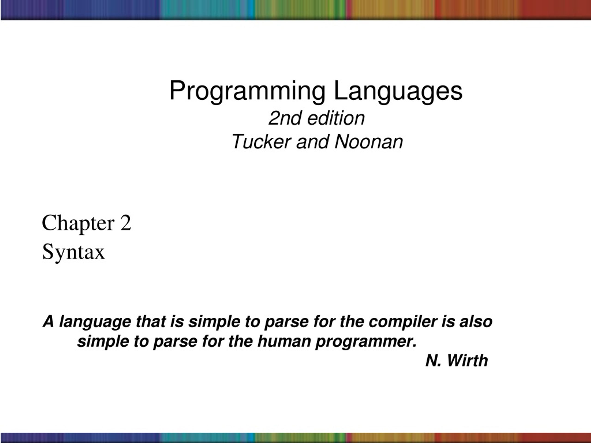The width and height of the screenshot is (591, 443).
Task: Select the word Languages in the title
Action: [x=398, y=92]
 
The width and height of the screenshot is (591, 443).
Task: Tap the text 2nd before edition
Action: [x=285, y=118]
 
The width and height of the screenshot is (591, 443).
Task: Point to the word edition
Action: [x=336, y=118]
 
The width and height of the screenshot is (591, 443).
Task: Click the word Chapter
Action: [x=78, y=223]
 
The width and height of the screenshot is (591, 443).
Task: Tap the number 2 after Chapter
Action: [x=126, y=222]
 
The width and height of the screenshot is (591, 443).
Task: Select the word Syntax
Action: [x=73, y=252]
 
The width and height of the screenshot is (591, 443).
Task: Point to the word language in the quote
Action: [x=95, y=322]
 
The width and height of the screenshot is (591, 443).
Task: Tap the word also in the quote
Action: [x=476, y=321]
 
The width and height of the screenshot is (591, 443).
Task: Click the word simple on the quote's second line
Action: [x=103, y=342]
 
